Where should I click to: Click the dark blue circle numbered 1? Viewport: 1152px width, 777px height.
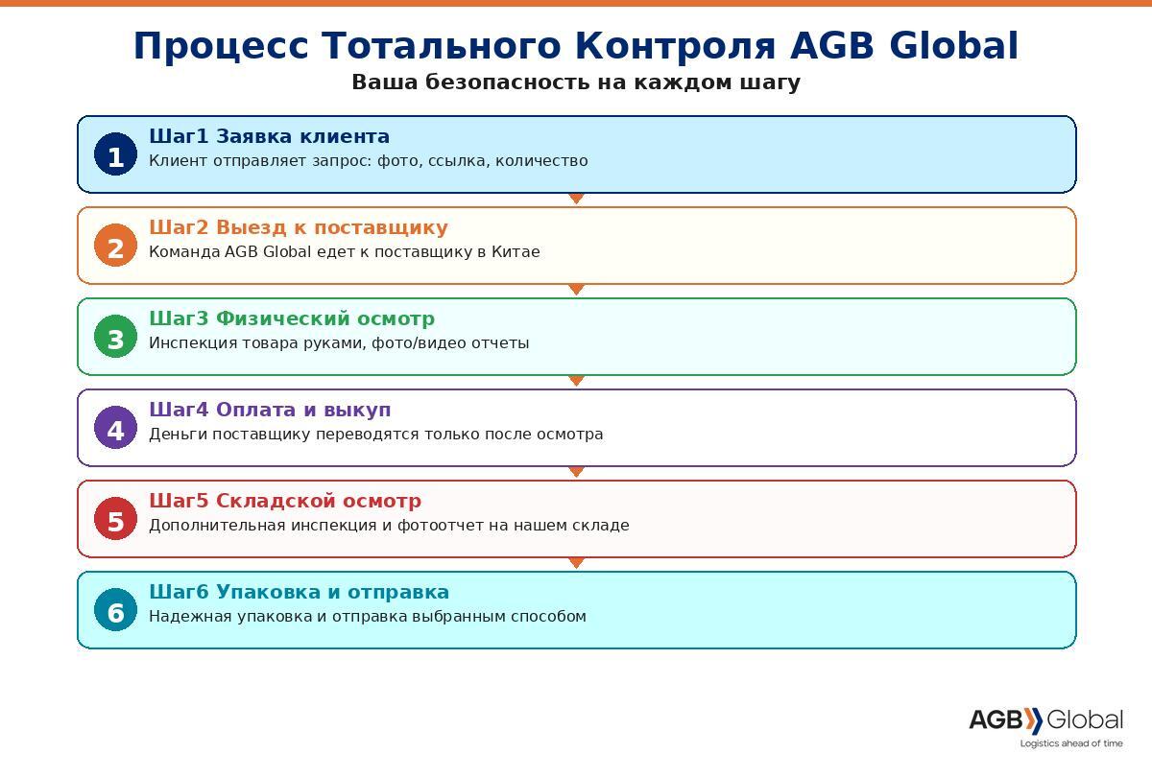116,154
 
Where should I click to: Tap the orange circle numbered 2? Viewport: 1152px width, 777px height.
116,246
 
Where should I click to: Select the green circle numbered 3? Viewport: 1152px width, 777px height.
116,337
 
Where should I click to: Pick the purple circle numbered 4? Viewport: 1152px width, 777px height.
116,428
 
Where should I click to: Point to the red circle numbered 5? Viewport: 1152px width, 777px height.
116,519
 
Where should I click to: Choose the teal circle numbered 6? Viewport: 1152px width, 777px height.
116,610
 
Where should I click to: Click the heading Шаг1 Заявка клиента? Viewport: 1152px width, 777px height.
269,136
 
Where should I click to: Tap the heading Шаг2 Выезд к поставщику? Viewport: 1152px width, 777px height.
299,227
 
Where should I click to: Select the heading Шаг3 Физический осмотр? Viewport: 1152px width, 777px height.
292,318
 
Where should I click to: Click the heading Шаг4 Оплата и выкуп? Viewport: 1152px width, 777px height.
270,411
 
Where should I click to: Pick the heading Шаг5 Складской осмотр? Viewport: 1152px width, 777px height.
285,501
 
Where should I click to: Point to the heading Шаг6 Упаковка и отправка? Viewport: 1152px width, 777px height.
299,592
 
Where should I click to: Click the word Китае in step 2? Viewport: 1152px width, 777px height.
516,251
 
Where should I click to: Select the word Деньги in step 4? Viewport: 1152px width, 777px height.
178,435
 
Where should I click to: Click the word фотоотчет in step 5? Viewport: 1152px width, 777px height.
445,526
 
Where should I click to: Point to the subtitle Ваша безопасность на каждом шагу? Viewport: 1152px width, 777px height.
576,82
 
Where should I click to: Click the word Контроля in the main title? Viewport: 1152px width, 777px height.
675,46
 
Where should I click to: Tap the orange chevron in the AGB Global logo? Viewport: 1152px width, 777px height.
1033,720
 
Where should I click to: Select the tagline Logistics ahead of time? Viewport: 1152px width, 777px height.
1071,743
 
